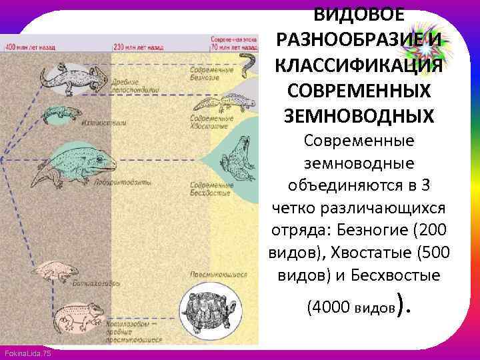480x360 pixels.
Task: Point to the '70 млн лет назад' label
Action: pyautogui.click(x=233, y=48)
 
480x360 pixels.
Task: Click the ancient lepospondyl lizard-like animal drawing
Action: pyautogui.click(x=70, y=77)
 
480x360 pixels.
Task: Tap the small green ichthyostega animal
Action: pyautogui.click(x=59, y=113)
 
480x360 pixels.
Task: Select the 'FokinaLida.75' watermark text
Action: pyautogui.click(x=27, y=353)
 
